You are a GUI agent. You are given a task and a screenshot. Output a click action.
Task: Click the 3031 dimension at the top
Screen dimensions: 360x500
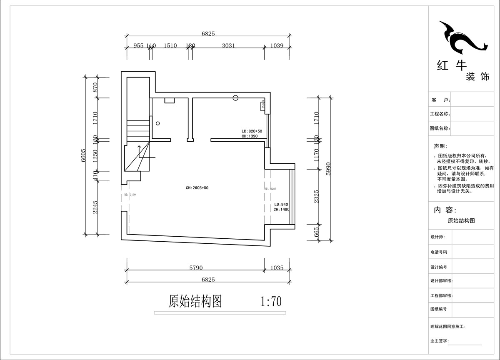pyautogui.click(x=228, y=45)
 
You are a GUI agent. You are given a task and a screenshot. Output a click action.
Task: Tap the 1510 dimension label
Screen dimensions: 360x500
pyautogui.click(x=170, y=45)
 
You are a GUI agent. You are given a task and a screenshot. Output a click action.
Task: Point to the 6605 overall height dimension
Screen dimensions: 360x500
pyautogui.click(x=84, y=155)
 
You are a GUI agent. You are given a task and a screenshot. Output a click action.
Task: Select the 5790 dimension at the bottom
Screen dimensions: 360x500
pyautogui.click(x=195, y=267)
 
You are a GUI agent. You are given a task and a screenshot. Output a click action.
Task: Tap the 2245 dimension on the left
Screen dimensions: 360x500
pyautogui.click(x=95, y=207)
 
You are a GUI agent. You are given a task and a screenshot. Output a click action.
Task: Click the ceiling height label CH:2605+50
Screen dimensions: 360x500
pyautogui.click(x=197, y=188)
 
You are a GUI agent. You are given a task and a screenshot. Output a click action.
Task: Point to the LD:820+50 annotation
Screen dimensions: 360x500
pyautogui.click(x=252, y=131)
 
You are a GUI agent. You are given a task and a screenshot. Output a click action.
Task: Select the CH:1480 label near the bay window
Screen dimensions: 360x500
pyautogui.click(x=281, y=210)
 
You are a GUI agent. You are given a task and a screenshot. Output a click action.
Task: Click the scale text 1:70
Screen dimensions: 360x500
pyautogui.click(x=271, y=301)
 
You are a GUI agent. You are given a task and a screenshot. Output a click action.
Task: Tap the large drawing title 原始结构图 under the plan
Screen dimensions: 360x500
pyautogui.click(x=195, y=301)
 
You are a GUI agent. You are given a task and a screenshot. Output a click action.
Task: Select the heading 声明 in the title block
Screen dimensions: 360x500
pyautogui.click(x=440, y=146)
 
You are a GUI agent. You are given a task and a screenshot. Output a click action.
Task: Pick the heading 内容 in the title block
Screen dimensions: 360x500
pyautogui.click(x=445, y=210)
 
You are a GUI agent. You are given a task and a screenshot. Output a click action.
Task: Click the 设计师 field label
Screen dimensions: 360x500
pyautogui.click(x=440, y=237)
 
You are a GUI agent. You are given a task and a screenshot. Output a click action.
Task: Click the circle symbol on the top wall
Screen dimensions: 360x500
pyautogui.click(x=235, y=98)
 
